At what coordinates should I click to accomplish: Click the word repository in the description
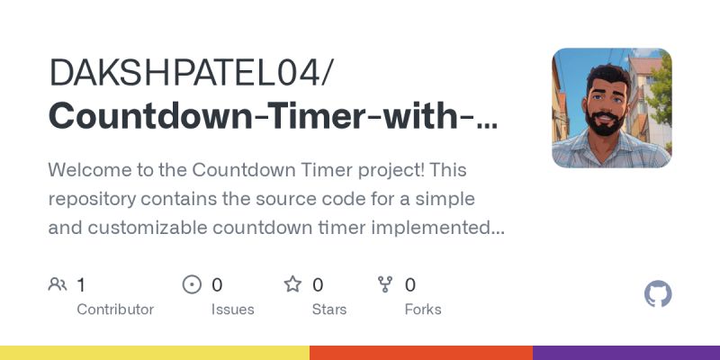(x=93, y=199)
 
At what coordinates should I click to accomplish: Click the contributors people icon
(x=58, y=285)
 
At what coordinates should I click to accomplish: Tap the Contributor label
(x=115, y=309)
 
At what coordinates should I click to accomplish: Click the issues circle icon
(x=192, y=285)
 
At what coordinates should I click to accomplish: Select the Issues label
(x=232, y=309)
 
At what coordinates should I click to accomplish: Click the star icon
(x=292, y=285)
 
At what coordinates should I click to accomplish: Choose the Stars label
(x=329, y=309)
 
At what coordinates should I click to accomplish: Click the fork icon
(x=385, y=285)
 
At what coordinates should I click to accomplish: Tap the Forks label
(x=423, y=309)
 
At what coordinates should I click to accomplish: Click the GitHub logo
(x=659, y=294)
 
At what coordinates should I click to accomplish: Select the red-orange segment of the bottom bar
(x=421, y=353)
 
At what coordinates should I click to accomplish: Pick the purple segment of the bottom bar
(x=626, y=353)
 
